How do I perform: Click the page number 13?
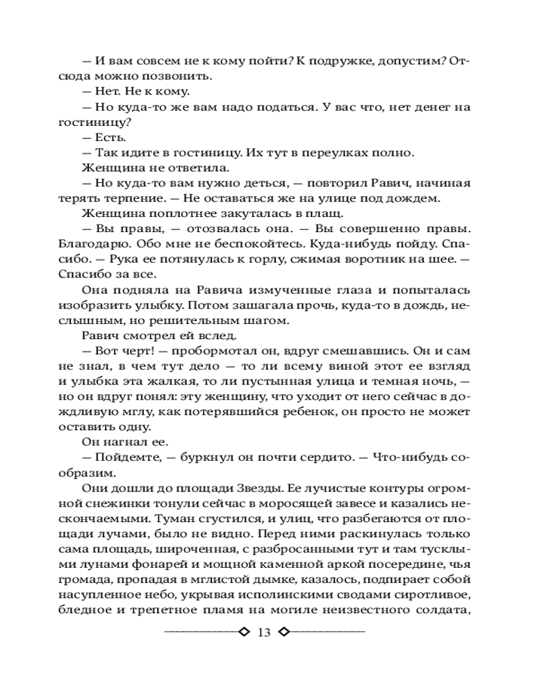[264, 632]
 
